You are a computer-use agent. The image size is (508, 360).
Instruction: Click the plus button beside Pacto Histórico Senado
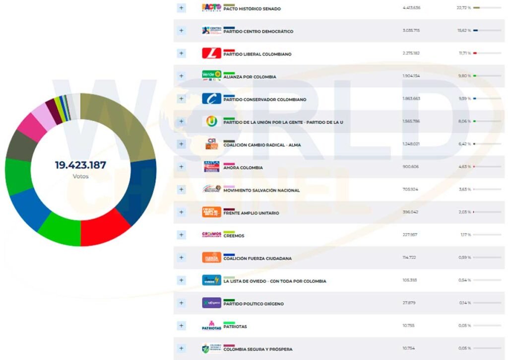[181, 8]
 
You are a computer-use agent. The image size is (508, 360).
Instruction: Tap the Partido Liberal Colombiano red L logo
[211, 53]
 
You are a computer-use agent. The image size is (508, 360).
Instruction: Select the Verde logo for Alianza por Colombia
[211, 75]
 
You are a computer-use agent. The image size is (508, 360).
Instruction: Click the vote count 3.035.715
[411, 31]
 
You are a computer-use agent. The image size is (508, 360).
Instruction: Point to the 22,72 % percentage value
[464, 8]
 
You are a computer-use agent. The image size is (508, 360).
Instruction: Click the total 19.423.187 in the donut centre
[80, 165]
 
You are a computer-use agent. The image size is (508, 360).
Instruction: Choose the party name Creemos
[234, 236]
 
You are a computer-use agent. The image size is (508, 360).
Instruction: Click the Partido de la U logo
[211, 121]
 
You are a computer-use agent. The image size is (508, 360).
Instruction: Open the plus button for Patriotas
[181, 326]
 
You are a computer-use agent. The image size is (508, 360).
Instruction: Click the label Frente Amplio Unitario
[251, 213]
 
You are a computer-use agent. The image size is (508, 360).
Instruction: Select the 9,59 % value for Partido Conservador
[463, 99]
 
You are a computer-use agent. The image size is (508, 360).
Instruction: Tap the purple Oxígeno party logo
[211, 303]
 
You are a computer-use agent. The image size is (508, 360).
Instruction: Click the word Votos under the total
[80, 176]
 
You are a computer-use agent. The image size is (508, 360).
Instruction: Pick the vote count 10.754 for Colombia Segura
[408, 349]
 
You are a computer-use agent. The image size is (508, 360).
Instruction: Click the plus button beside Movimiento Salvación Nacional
[181, 190]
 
